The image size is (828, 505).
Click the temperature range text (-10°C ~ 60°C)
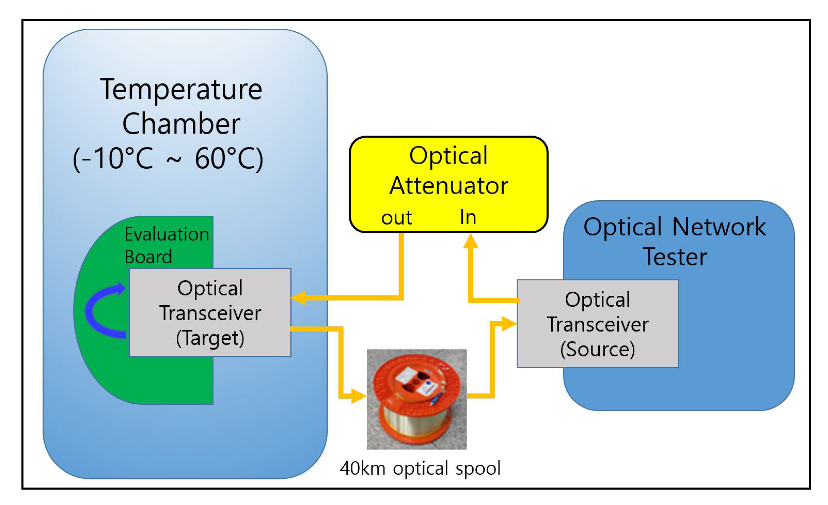tap(168, 159)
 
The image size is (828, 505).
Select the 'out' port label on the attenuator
tap(396, 218)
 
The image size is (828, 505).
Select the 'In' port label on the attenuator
tap(468, 217)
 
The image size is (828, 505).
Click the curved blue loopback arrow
tap(97, 311)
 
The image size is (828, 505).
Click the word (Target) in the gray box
tap(210, 338)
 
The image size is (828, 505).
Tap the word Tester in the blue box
tap(675, 257)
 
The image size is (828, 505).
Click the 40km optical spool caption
tap(420, 468)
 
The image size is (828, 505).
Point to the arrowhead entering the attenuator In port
tap(471, 241)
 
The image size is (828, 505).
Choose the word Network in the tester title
tap(719, 227)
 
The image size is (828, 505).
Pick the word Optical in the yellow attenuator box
tap(448, 156)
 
